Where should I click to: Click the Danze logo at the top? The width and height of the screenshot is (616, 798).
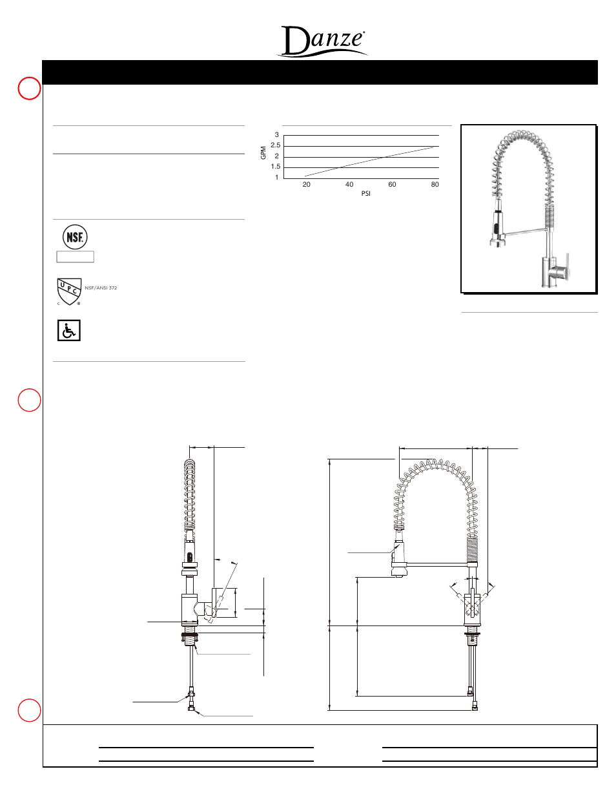323,41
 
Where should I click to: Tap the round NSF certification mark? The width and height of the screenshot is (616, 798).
75,237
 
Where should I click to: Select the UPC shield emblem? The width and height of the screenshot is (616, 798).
69,291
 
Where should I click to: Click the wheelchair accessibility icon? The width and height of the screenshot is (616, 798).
69,330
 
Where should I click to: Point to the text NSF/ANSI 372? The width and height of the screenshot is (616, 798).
101,288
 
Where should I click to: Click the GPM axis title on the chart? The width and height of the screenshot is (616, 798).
263,152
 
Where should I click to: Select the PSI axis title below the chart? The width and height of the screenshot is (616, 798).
365,194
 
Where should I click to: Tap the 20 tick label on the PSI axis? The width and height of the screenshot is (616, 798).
306,185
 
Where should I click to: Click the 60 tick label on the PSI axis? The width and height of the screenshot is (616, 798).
392,185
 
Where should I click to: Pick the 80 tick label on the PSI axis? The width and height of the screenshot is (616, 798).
435,185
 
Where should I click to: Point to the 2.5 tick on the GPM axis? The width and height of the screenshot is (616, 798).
276,145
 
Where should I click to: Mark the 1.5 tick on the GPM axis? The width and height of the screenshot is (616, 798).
276,167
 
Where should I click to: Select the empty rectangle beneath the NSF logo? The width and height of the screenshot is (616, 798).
76,257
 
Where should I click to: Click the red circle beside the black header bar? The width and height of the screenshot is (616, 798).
29,89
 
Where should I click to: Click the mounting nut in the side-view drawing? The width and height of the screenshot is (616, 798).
190,638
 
